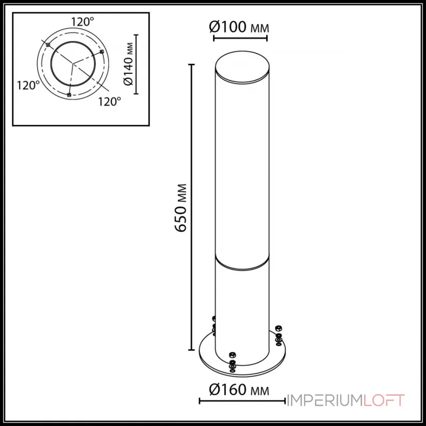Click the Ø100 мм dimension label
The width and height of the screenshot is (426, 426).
tap(240, 27)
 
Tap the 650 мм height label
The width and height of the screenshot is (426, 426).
tap(182, 208)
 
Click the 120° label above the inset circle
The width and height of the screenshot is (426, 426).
tap(83, 22)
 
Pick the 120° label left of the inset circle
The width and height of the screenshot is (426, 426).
tap(28, 85)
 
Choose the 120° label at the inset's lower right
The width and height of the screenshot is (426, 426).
tap(110, 101)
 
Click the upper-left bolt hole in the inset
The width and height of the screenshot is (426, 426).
tap(48, 46)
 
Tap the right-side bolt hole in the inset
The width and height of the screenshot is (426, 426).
tap(101, 52)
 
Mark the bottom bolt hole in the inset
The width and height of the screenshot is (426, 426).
tap(69, 95)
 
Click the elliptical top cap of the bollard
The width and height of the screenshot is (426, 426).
tap(240, 67)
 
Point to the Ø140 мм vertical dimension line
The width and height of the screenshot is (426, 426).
tap(137, 64)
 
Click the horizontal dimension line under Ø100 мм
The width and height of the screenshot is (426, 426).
tap(240, 39)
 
